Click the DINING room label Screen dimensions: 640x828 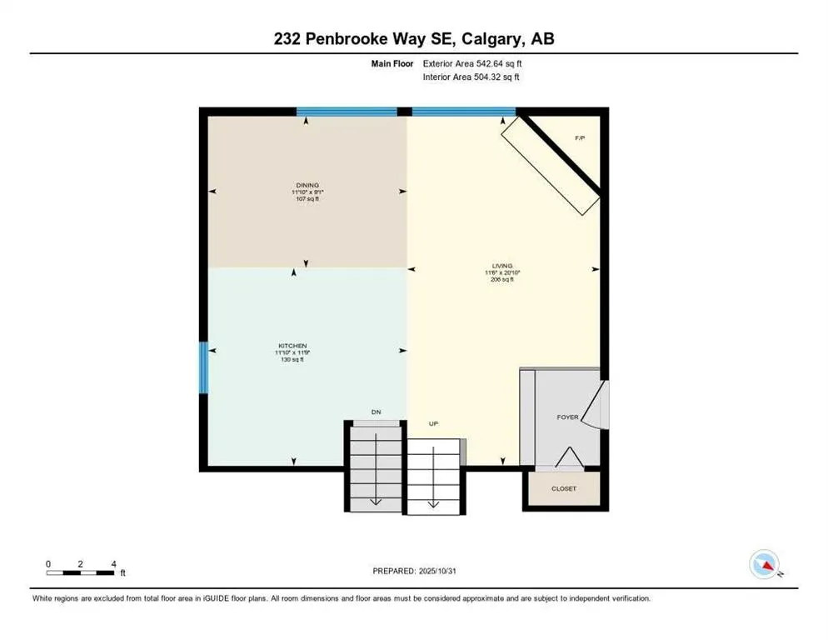[x=306, y=185]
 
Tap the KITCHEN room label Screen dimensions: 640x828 [x=292, y=346]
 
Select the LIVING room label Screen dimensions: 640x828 [x=501, y=265]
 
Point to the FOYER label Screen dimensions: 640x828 [x=567, y=417]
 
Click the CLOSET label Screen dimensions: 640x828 [x=564, y=488]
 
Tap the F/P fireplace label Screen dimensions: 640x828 [x=580, y=137]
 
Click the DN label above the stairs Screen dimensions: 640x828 [x=376, y=412]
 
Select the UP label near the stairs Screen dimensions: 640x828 [x=433, y=424]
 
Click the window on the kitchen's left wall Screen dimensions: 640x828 [x=202, y=367]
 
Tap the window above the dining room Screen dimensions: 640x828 [x=347, y=112]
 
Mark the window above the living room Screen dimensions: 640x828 [x=463, y=112]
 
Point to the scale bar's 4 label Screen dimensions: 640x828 [x=112, y=563]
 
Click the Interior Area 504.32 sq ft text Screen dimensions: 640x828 [x=471, y=77]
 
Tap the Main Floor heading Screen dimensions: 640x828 [x=392, y=63]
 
